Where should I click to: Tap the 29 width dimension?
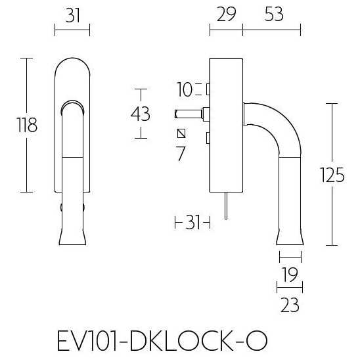click(x=225, y=15)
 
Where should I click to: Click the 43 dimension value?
click(x=141, y=114)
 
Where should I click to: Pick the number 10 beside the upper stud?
click(x=184, y=88)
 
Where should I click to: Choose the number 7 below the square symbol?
click(x=181, y=155)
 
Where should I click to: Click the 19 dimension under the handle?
click(x=290, y=274)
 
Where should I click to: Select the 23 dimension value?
click(x=290, y=304)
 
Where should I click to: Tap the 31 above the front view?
click(x=72, y=15)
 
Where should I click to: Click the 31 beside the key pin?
click(x=192, y=223)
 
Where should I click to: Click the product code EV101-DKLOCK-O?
click(x=162, y=342)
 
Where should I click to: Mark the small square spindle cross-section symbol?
click(x=182, y=134)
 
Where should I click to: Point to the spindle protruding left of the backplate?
click(x=189, y=114)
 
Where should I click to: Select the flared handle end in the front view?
click(x=72, y=233)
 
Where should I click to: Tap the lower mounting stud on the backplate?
click(x=208, y=138)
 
